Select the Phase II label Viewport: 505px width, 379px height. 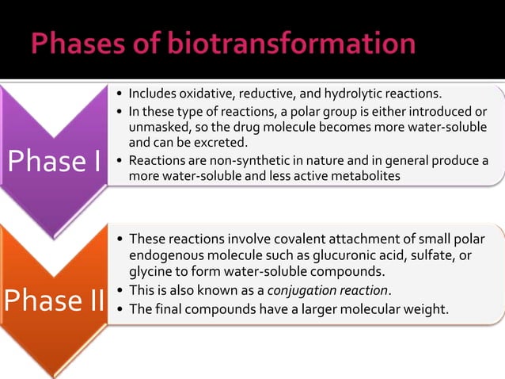(x=54, y=301)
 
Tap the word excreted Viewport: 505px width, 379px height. (x=224, y=143)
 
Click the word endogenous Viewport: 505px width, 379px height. (x=165, y=255)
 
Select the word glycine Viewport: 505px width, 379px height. (x=150, y=271)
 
